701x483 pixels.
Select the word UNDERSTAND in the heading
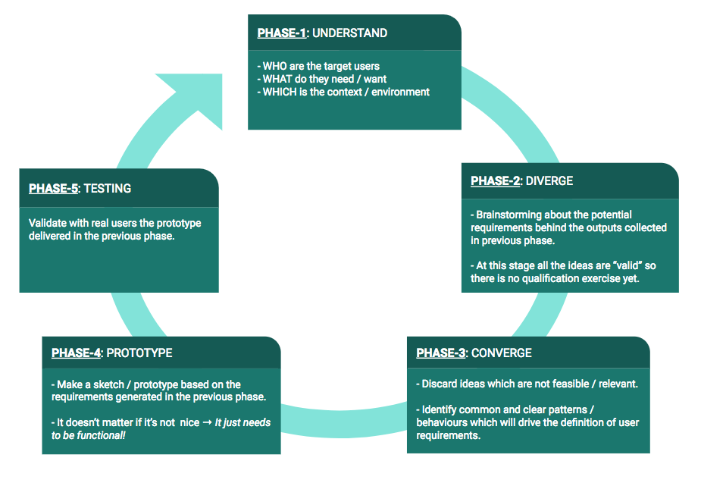(349, 33)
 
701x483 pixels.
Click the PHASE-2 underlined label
(495, 181)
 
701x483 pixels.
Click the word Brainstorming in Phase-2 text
(510, 215)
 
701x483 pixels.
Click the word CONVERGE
(501, 353)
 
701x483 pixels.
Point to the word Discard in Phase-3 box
(440, 384)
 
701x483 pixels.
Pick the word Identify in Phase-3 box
(441, 409)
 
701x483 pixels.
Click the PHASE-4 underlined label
(76, 353)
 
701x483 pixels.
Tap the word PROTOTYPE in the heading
(139, 353)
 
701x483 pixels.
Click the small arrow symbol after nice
(208, 422)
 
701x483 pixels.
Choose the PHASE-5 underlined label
(53, 188)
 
